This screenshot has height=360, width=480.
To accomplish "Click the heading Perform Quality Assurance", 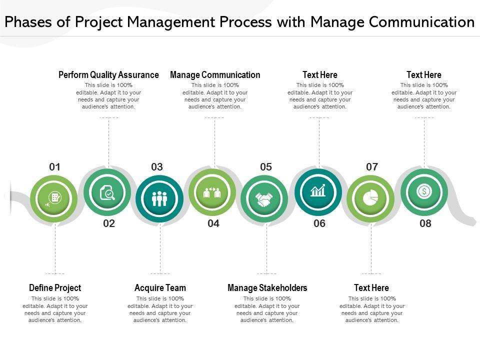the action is [x=108, y=75].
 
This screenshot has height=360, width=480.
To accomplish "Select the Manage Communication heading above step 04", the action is [x=215, y=75].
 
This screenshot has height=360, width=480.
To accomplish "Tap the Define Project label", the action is [x=55, y=288].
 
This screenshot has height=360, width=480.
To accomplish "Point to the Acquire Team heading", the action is [x=160, y=288].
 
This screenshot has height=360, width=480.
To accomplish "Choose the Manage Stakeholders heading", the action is [x=267, y=288].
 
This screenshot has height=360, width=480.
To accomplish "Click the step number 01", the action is [x=54, y=167].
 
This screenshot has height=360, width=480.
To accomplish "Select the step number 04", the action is [x=213, y=223].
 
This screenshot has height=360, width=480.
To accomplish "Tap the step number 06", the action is [x=319, y=223].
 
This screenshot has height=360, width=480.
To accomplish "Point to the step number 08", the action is [x=425, y=223].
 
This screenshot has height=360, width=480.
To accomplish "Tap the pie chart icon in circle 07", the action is [x=370, y=198].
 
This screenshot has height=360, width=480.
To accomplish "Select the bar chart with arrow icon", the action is [x=318, y=191].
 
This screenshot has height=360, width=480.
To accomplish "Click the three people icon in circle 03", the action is [x=159, y=198].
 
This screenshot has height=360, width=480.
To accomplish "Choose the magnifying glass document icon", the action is [x=107, y=192].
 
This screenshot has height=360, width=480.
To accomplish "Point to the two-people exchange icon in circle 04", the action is [x=212, y=191].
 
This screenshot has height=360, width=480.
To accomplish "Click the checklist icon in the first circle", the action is [x=54, y=198].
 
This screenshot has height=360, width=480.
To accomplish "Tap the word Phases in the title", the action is [x=30, y=22].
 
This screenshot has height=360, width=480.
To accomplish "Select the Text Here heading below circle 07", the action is [x=371, y=288].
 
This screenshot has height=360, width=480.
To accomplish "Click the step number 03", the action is [x=157, y=167].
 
